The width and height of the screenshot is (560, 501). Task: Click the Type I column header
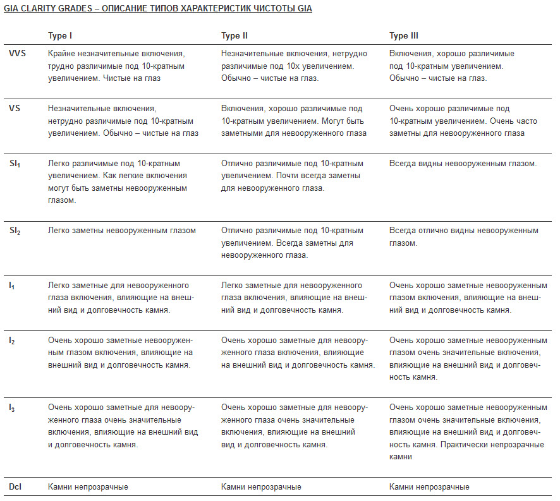[61, 36]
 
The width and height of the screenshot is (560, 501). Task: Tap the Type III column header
[404, 36]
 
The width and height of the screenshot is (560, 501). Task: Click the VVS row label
[18, 54]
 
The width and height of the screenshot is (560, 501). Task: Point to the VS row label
[15, 109]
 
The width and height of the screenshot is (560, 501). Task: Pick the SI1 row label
[15, 164]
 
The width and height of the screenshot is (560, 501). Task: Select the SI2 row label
[15, 231]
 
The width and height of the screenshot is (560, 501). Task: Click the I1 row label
[12, 286]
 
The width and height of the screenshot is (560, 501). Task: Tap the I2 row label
[12, 341]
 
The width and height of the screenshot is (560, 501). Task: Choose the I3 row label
[12, 408]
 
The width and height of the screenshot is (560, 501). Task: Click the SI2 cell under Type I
[122, 231]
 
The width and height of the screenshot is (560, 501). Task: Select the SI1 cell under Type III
[463, 164]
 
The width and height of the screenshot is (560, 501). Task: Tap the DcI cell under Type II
[261, 487]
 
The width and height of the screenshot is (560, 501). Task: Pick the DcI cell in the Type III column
[429, 487]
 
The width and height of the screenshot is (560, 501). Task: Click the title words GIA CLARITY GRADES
[47, 9]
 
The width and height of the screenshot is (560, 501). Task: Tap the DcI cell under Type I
[88, 487]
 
